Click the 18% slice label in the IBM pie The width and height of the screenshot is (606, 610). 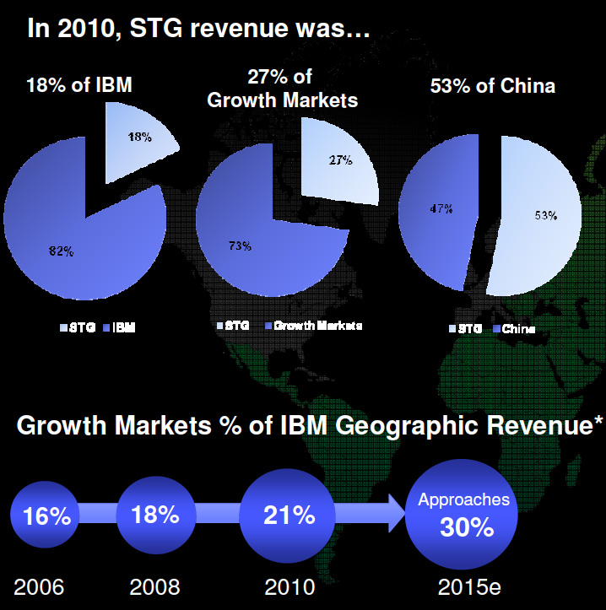[x=140, y=137]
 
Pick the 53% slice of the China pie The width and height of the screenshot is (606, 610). [x=544, y=215]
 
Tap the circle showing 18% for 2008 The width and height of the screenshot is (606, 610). [x=154, y=515]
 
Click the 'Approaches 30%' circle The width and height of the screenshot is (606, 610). [x=465, y=515]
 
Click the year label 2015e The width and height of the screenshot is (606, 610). [x=465, y=587]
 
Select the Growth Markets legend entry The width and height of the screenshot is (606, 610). [x=312, y=325]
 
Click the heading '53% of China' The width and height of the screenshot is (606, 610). [x=493, y=85]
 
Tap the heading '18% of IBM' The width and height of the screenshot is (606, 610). [x=79, y=85]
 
